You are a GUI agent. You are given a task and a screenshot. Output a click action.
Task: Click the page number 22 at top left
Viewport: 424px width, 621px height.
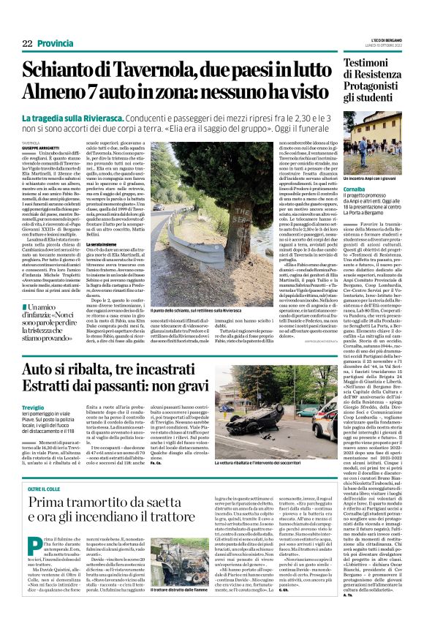pyautogui.click(x=27, y=44)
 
